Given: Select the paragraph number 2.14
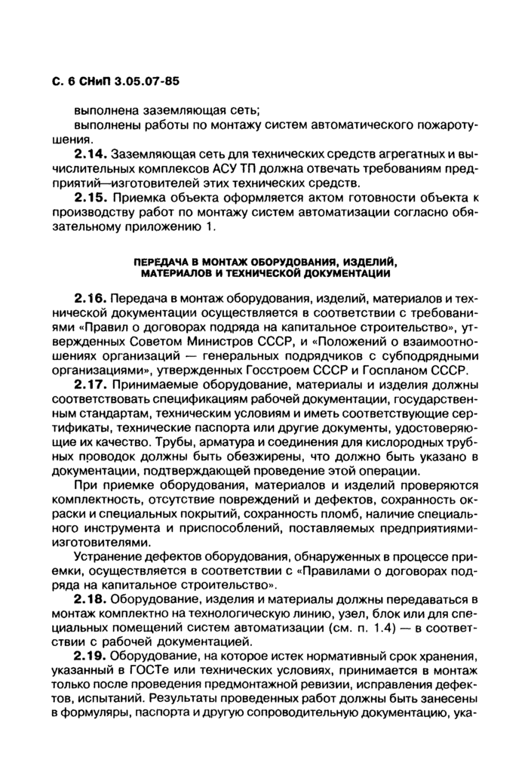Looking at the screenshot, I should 92,155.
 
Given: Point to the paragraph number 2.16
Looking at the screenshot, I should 92,298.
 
